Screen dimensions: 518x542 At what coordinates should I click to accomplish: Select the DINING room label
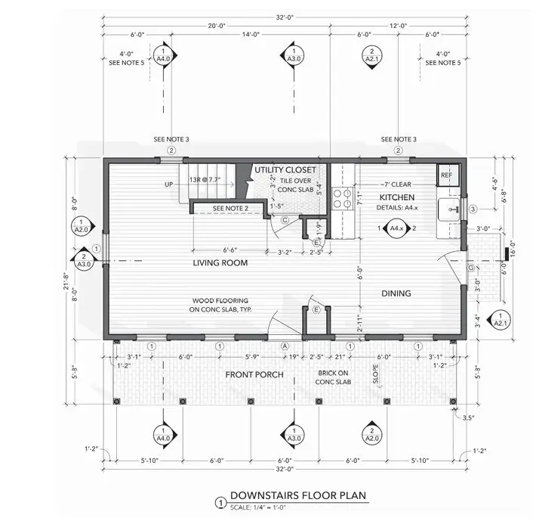coord(396,293)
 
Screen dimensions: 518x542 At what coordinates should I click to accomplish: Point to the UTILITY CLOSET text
coord(285,169)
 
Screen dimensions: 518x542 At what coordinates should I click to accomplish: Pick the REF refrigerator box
coord(446,175)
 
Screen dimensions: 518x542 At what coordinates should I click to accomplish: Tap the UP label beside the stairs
coord(168,184)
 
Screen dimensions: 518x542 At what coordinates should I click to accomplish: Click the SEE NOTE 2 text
coord(230,208)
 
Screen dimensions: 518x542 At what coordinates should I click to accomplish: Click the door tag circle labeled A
coord(285,345)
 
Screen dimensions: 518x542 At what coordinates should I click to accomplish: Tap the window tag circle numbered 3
coord(473,209)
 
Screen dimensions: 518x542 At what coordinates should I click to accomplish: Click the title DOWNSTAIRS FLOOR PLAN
coord(298,496)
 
